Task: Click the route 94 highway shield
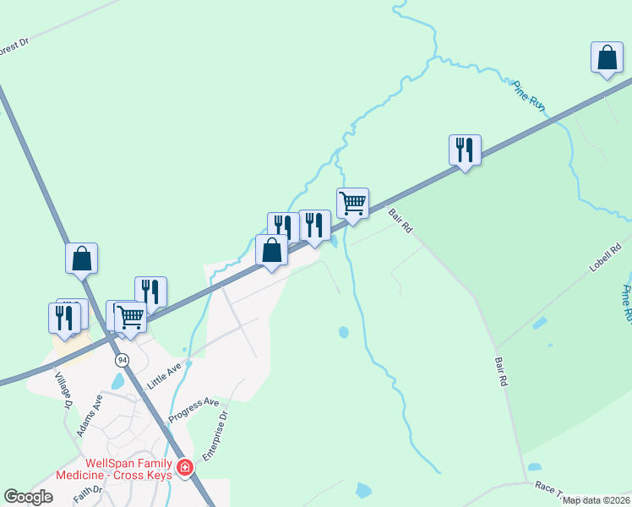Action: point(123,359)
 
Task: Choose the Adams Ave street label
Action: point(90,415)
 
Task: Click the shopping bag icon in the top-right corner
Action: point(607,57)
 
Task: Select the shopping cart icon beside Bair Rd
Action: point(352,203)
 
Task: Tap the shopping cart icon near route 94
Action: point(130,318)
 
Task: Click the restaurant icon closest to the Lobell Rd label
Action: point(465,150)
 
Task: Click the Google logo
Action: point(28,497)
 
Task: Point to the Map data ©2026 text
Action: point(597,500)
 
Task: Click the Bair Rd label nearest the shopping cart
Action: point(400,221)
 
